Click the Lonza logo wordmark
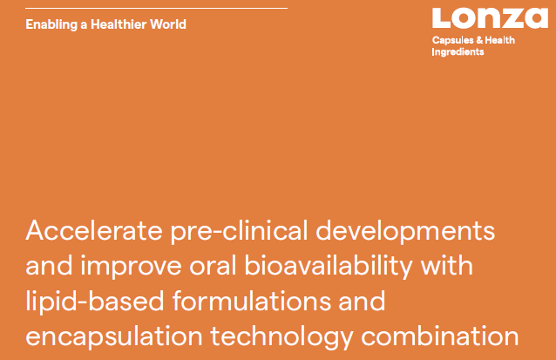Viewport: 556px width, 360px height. [x=490, y=17]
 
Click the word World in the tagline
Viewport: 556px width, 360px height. [x=168, y=24]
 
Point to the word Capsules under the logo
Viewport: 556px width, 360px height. [x=452, y=40]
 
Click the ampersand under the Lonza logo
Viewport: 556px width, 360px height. [x=479, y=40]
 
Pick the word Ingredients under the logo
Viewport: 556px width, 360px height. [x=458, y=51]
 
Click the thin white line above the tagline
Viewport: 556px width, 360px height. [x=156, y=8]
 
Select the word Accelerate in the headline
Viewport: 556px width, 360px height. [x=94, y=230]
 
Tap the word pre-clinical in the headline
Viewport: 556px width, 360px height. [x=240, y=231]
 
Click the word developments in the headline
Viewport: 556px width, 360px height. [x=405, y=231]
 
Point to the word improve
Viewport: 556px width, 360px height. [x=131, y=267]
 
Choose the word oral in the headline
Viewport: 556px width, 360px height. [x=213, y=265]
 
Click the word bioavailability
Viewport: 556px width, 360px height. [x=329, y=267]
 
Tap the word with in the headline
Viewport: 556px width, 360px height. [x=447, y=265]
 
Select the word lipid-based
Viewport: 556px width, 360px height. [x=95, y=302]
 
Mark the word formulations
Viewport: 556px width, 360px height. [x=251, y=301]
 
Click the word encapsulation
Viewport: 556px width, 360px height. [x=114, y=337]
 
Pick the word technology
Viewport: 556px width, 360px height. [x=281, y=337]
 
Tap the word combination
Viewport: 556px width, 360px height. [x=440, y=336]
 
